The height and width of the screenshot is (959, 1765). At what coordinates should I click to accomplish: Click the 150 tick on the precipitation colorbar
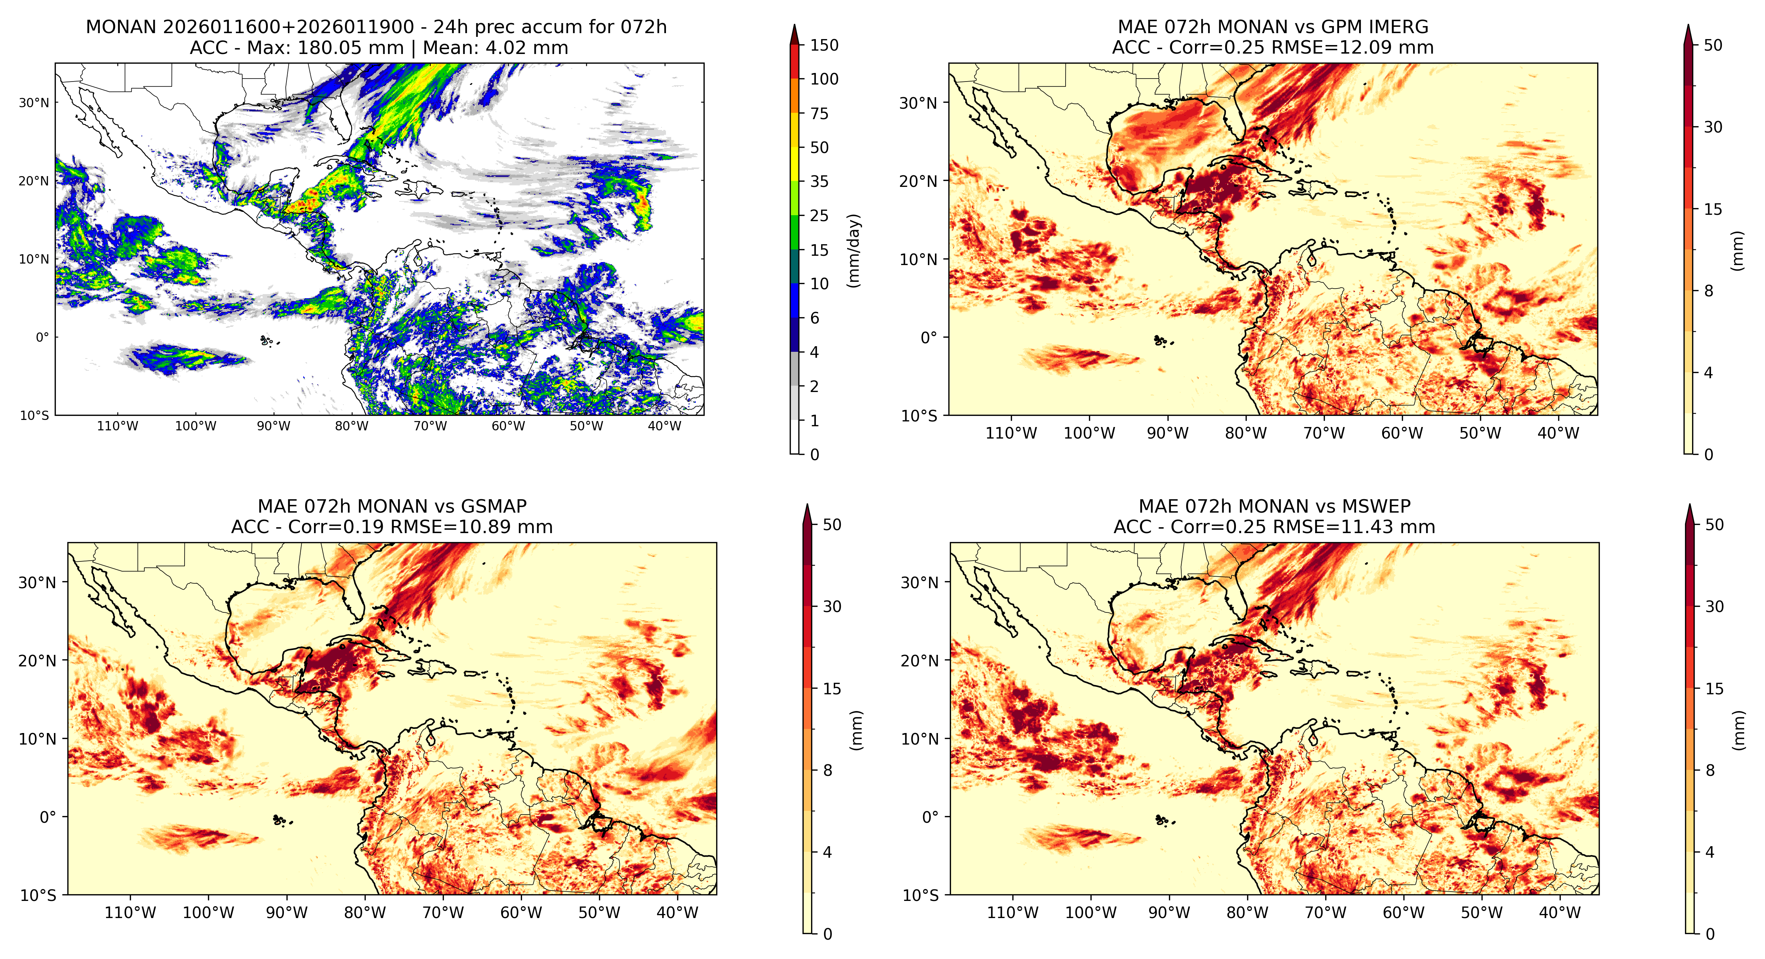(824, 45)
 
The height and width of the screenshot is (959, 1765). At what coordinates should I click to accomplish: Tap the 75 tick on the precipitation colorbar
(820, 114)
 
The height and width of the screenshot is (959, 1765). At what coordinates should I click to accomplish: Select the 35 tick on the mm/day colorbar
(820, 182)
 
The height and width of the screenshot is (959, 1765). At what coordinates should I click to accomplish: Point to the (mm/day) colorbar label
(854, 250)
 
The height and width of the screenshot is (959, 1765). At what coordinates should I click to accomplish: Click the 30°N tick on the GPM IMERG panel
(918, 103)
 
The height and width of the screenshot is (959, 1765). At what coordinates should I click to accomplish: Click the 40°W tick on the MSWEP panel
(1560, 912)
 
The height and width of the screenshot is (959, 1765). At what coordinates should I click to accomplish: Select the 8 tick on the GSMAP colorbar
(828, 771)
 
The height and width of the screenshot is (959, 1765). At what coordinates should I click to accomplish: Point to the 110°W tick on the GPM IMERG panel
(1011, 433)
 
